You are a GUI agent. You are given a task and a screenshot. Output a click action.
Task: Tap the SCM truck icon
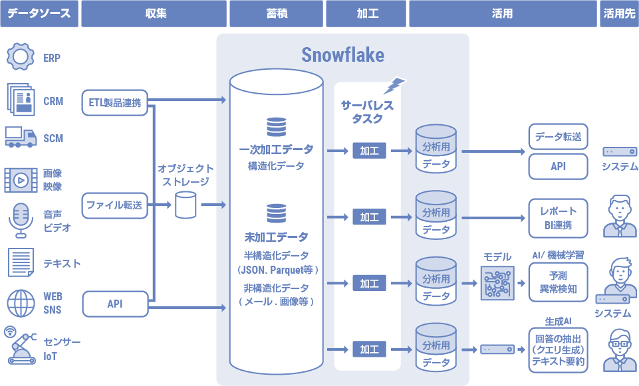pyautogui.click(x=20, y=137)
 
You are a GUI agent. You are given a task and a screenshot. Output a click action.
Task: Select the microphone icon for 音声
pyautogui.click(x=21, y=220)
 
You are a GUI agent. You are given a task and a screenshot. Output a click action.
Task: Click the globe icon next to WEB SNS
pyautogui.click(x=21, y=304)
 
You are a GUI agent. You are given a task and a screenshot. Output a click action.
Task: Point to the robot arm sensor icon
pyautogui.click(x=20, y=345)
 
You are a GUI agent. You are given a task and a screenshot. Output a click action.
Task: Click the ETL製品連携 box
pyautogui.click(x=115, y=102)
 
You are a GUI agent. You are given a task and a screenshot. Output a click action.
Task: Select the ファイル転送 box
pyautogui.click(x=115, y=205)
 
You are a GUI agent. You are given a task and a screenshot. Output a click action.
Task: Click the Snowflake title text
pyautogui.click(x=342, y=54)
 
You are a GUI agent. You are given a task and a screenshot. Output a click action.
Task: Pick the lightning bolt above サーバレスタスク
pyautogui.click(x=395, y=85)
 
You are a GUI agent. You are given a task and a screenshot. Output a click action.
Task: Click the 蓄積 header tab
pyautogui.click(x=276, y=13)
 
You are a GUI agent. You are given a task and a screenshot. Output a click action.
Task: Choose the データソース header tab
pyautogui.click(x=39, y=13)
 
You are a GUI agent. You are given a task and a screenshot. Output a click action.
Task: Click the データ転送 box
pyautogui.click(x=558, y=137)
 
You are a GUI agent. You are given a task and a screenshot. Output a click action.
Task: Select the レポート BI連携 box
pyautogui.click(x=558, y=218)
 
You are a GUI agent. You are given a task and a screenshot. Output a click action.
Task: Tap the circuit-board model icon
pyautogui.click(x=497, y=282)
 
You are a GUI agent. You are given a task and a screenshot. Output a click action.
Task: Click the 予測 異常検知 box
pyautogui.click(x=558, y=282)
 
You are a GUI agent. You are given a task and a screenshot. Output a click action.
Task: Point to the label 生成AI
pyautogui.click(x=558, y=321)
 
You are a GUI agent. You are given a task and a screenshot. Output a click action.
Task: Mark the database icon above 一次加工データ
pyautogui.click(x=275, y=126)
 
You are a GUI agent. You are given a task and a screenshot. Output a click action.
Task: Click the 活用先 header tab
pyautogui.click(x=619, y=13)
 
